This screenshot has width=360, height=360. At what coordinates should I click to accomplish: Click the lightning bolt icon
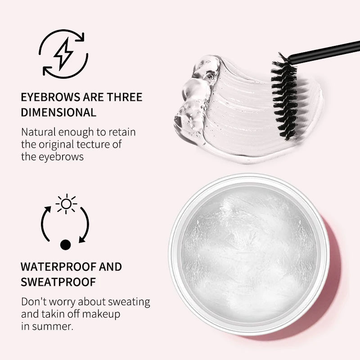tap(63, 53)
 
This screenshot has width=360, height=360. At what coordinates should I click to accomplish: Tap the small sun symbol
tap(66, 204)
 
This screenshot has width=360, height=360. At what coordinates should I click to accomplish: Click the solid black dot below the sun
tap(66, 245)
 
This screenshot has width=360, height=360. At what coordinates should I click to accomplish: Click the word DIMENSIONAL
tap(58, 112)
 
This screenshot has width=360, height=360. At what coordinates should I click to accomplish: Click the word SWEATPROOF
tap(58, 282)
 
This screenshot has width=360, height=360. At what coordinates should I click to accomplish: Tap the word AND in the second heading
tap(110, 266)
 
